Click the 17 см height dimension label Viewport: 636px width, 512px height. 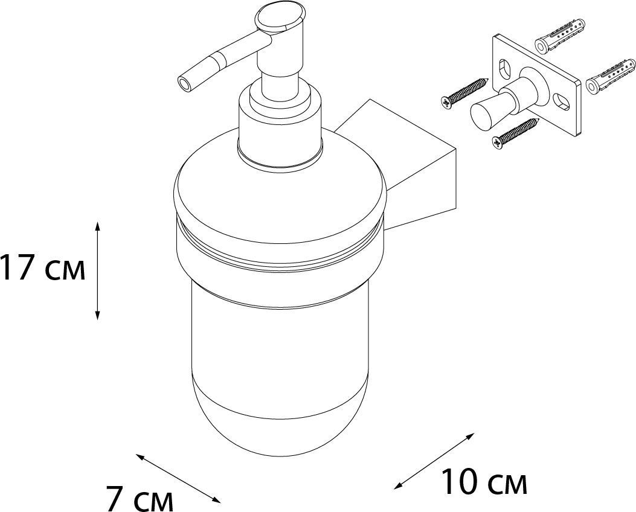[x=43, y=267]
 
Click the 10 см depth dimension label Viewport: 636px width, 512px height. [x=483, y=482]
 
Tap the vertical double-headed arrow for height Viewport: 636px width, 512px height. [x=97, y=270]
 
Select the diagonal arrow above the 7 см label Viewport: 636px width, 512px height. [x=178, y=478]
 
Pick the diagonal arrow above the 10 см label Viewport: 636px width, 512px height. [x=434, y=461]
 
